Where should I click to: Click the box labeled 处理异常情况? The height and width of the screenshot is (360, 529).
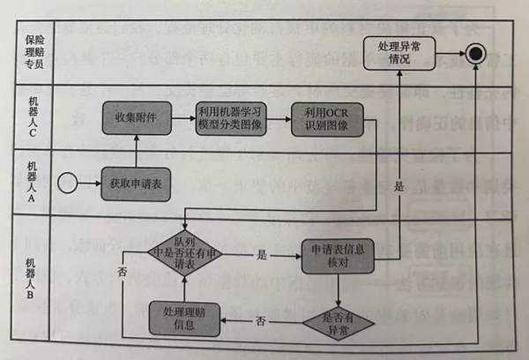pyautogui.click(x=399, y=53)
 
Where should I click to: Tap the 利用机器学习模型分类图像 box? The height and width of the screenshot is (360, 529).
pyautogui.click(x=229, y=117)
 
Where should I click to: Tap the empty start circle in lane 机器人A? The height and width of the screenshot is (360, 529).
pyautogui.click(x=66, y=184)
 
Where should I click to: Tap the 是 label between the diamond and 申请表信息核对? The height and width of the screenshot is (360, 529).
pyautogui.click(x=261, y=254)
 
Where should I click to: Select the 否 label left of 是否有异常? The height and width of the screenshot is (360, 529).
pyautogui.click(x=261, y=319)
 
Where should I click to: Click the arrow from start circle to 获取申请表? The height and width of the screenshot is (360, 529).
pyautogui.click(x=88, y=184)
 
